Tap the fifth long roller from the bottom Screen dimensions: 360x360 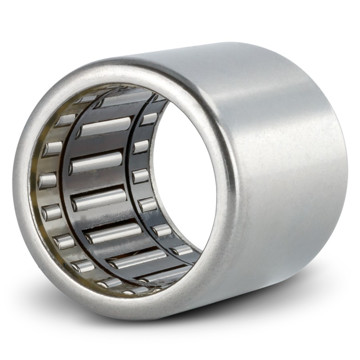click(x=96, y=162)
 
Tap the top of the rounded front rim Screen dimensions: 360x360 click(x=132, y=66)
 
